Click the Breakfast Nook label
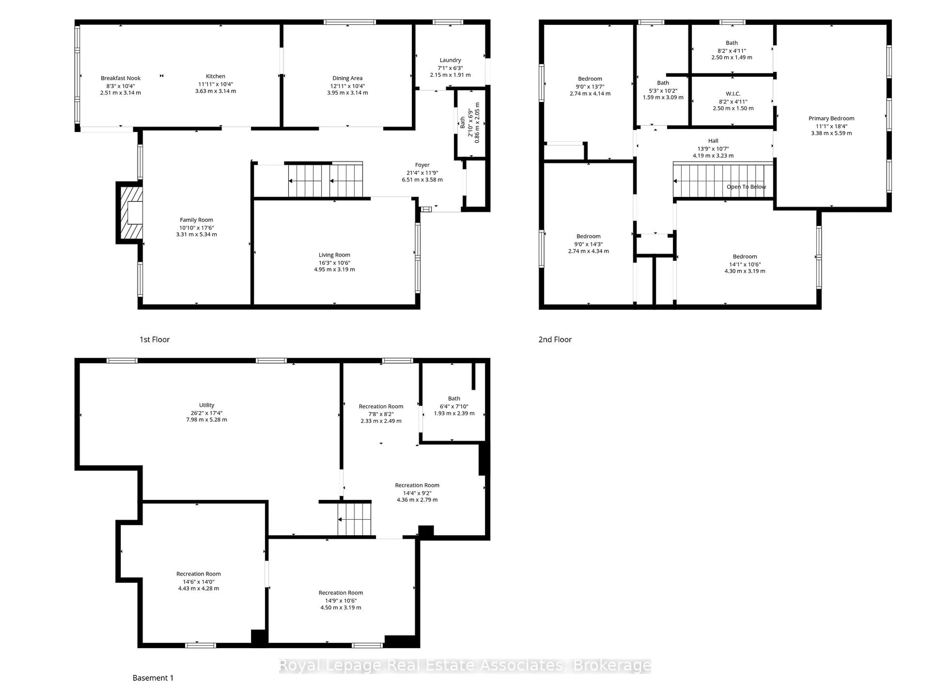point(121,78)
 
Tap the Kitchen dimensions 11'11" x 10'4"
point(215,84)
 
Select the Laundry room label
point(450,60)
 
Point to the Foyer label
point(422,165)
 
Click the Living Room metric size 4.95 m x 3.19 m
point(334,269)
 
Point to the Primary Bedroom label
point(831,118)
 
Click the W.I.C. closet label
point(733,94)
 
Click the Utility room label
point(206,405)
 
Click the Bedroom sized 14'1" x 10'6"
point(744,257)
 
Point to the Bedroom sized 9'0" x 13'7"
point(590,79)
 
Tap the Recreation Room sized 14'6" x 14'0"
point(198,574)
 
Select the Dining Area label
point(347,78)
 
